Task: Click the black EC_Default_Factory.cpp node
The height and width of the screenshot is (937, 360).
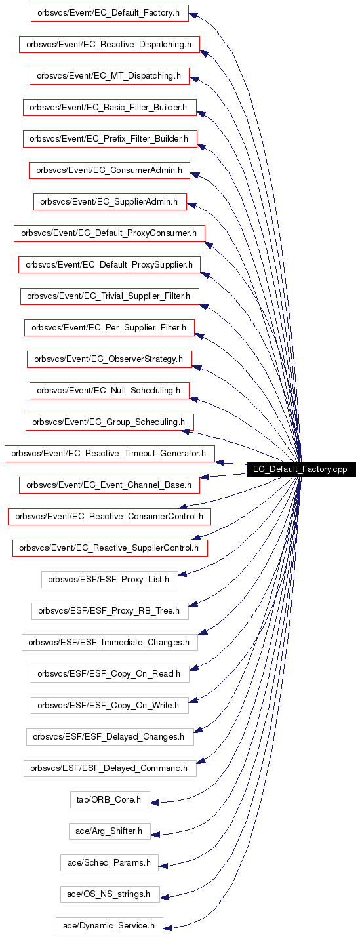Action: coord(301,469)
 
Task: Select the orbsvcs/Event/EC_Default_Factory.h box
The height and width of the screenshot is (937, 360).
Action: coord(110,13)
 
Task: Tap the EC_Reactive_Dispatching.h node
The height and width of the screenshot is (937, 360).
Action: coord(109,45)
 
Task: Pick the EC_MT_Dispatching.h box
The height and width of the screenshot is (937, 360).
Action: coord(109,75)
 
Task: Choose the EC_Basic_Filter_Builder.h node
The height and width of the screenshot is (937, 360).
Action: coord(110,107)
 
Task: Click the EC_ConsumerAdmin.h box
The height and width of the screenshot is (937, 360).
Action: coord(109,170)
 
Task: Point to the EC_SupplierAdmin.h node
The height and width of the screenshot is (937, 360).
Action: coord(110,201)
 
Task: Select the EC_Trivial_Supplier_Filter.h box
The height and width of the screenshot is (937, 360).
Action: coord(110,296)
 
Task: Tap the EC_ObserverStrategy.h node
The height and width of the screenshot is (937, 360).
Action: coord(110,359)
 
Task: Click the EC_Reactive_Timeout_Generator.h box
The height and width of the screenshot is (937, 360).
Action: coord(110,454)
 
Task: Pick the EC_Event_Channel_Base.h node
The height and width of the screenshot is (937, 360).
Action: coord(109,485)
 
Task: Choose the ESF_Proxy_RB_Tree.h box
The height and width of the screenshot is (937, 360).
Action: coord(110,610)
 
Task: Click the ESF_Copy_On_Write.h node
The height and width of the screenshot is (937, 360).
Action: coord(110,706)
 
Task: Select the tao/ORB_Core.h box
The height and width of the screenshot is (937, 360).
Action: coord(110,800)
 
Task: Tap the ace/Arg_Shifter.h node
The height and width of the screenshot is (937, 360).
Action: coord(110,831)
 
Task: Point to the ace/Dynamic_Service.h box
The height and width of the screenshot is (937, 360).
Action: coord(110,926)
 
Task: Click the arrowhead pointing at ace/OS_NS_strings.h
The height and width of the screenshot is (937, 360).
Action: coord(165,897)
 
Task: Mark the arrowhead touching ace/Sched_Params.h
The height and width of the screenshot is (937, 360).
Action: coord(163,866)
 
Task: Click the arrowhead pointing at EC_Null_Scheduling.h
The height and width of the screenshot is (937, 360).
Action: coord(194,399)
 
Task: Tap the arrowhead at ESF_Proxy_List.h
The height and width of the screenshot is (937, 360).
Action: coord(183,574)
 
